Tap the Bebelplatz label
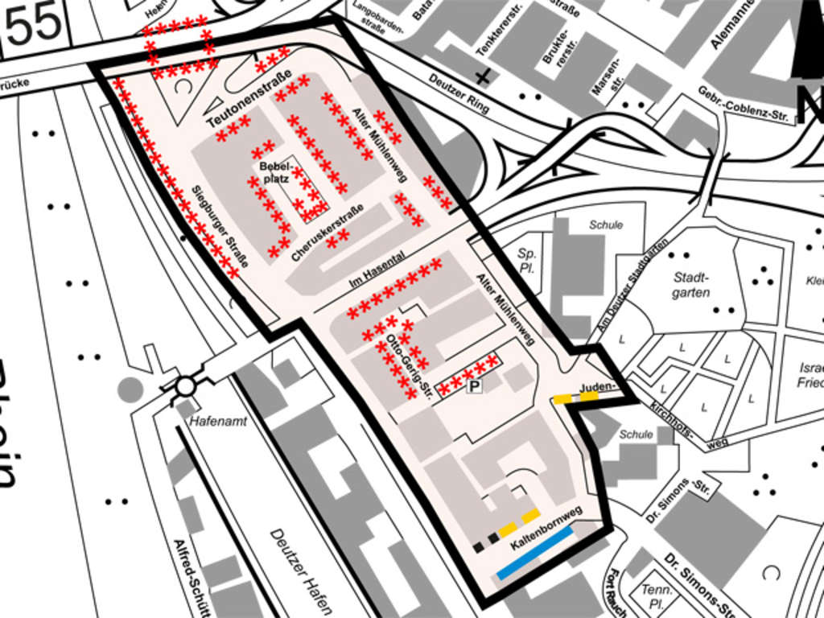(x=274, y=172)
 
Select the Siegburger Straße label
(x=219, y=226)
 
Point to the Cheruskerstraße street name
(x=328, y=233)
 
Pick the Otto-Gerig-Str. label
(x=410, y=367)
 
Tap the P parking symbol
(x=474, y=388)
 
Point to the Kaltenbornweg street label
(x=546, y=523)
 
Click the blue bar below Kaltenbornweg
(x=535, y=553)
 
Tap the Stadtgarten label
(x=691, y=284)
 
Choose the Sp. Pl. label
(x=527, y=260)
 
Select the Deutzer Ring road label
(x=459, y=93)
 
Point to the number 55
(x=34, y=24)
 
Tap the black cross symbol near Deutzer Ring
(x=483, y=77)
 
